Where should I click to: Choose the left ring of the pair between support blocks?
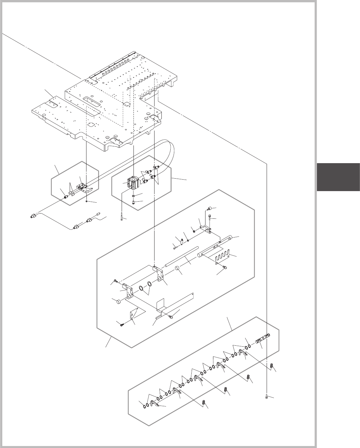(141, 289)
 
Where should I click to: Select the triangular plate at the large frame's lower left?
(134, 314)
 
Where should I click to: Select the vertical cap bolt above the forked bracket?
(210, 217)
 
